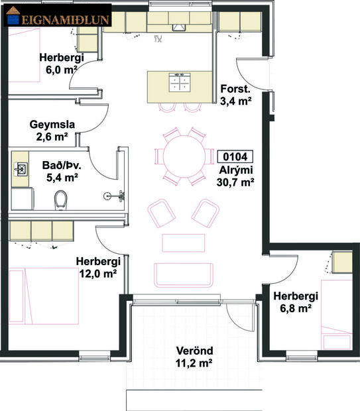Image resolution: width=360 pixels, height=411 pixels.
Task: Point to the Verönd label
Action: click(x=194, y=357)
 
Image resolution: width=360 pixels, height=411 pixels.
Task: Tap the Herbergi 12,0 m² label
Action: click(x=96, y=267)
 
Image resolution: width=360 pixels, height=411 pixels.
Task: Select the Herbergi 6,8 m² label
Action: click(x=296, y=302)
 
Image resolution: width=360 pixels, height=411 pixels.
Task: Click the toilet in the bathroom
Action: click(x=62, y=198)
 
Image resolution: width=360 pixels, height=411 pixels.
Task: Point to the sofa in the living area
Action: click(x=184, y=274)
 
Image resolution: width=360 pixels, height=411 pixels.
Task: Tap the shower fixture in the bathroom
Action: click(x=115, y=196)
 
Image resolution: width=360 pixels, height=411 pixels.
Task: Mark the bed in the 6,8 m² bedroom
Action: click(x=334, y=312)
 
